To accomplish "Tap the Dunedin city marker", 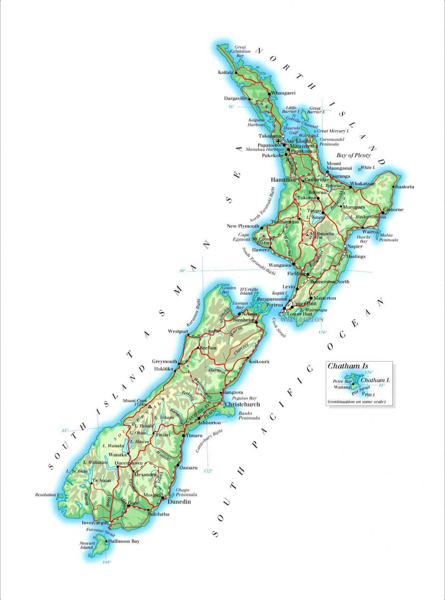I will click(168, 496).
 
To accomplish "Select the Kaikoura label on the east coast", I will click(259, 361).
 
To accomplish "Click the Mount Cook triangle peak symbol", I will click(149, 406).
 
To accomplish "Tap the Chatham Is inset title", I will click(343, 366).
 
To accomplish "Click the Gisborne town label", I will click(393, 210).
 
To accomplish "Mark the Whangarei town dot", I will click(269, 93).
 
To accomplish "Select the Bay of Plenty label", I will click(353, 155).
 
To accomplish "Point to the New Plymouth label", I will click(243, 226).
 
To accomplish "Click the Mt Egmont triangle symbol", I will click(263, 236).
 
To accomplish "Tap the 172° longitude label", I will click(208, 471).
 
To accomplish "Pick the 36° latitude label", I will click(231, 107).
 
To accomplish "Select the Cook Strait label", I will click(280, 328).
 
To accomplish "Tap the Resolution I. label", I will click(47, 495).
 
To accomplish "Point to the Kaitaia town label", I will click(225, 72).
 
